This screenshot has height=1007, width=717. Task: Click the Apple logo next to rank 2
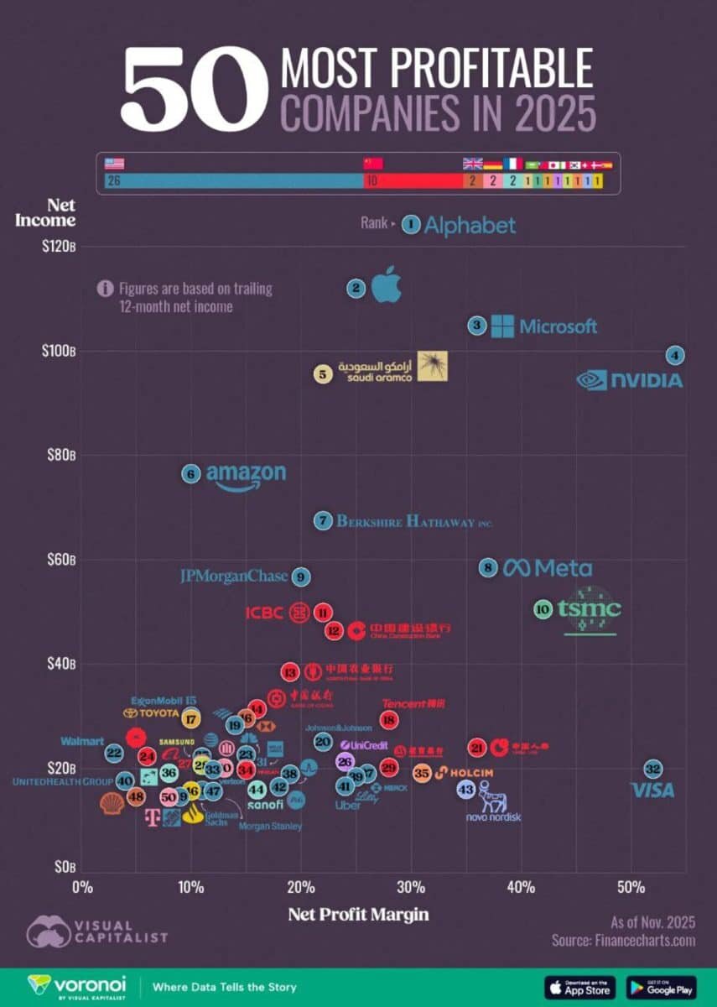(387, 284)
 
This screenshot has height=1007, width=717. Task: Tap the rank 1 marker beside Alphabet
(410, 223)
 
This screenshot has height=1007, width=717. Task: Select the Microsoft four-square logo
(502, 326)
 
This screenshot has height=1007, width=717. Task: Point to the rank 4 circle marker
(675, 355)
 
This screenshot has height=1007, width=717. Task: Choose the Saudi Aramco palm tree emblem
(433, 366)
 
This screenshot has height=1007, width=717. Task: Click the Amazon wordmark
(246, 475)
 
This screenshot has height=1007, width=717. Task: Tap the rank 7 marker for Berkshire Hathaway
(324, 520)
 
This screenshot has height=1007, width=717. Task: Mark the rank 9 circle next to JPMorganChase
(301, 577)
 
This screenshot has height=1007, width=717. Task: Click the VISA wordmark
(652, 790)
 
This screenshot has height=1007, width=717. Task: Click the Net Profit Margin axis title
(358, 914)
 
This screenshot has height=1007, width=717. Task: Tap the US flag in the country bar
(113, 164)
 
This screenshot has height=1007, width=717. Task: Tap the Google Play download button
(660, 986)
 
